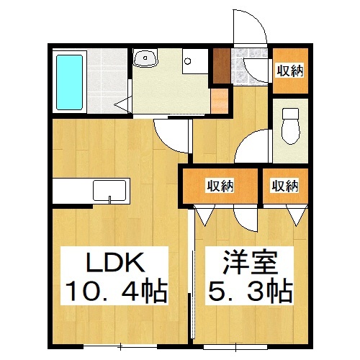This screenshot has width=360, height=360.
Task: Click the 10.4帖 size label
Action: pyautogui.click(x=116, y=292)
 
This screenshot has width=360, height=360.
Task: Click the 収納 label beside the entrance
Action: pyautogui.click(x=290, y=70)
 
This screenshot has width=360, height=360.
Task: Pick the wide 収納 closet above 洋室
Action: pyautogui.click(x=220, y=186)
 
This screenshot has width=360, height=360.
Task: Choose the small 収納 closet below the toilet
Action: pyautogui.click(x=285, y=186)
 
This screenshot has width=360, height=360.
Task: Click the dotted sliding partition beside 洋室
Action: pyautogui.click(x=194, y=281)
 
